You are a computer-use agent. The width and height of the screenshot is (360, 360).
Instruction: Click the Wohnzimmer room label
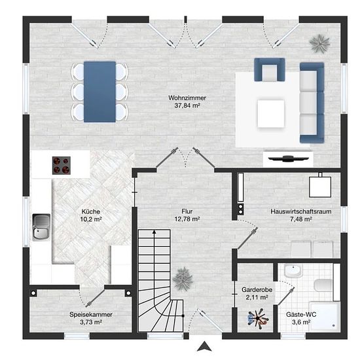(187, 98)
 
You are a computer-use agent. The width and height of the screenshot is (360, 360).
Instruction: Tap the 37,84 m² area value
(187, 105)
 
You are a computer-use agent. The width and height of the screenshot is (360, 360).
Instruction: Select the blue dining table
(99, 92)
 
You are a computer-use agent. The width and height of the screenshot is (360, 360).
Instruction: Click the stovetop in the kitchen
(62, 166)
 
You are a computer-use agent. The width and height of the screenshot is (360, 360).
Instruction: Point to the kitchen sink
(41, 227)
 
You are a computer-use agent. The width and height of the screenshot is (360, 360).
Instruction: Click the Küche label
(91, 211)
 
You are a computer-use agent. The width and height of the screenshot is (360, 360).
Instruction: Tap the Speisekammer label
(91, 314)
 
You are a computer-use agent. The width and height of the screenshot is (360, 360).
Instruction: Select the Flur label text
(187, 211)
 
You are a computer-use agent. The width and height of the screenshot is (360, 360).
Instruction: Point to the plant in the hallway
(183, 279)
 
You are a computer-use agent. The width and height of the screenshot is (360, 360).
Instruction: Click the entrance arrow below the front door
(204, 346)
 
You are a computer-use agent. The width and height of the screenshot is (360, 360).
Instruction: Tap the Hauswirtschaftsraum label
(301, 211)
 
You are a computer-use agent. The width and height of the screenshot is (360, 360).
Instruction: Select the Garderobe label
(257, 289)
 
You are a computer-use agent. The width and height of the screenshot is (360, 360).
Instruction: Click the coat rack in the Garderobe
(259, 319)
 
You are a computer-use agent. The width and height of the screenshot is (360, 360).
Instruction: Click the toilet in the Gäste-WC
(323, 285)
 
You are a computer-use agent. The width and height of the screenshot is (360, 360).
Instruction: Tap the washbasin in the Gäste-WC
(293, 270)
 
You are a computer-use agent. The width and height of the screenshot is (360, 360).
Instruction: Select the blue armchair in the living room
(270, 70)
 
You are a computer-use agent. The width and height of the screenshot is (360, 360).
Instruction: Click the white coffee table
(271, 113)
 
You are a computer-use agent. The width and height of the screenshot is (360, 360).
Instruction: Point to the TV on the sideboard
(289, 158)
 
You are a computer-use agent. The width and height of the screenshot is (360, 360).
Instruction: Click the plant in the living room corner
(319, 43)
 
